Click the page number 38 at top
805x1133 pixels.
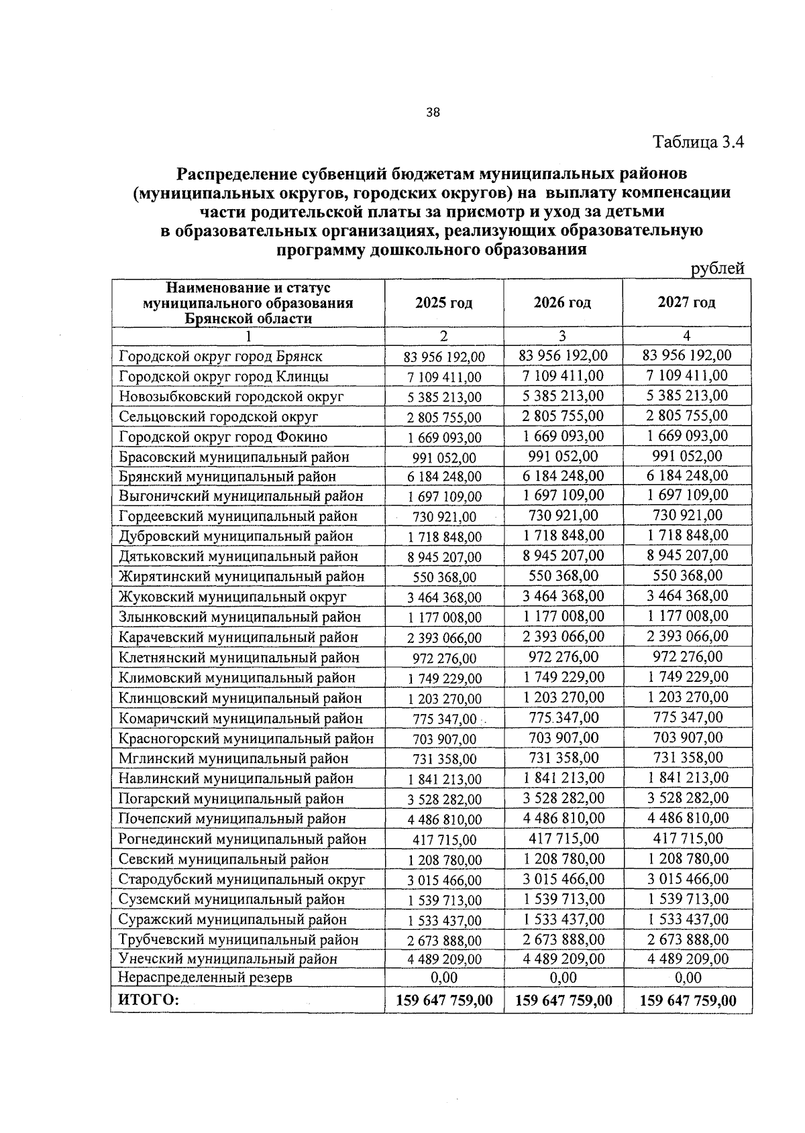[x=433, y=113]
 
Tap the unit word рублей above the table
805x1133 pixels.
[x=718, y=269]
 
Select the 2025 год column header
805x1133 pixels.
[x=443, y=303]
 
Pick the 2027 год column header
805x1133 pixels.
[x=686, y=302]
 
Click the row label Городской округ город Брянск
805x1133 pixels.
[x=221, y=357]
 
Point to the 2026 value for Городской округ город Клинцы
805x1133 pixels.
[x=562, y=375]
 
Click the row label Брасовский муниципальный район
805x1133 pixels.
[x=234, y=457]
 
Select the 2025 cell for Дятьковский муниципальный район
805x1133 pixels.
[x=444, y=557]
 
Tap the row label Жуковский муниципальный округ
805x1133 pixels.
[x=233, y=597]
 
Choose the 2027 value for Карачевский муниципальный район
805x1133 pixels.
[x=688, y=636]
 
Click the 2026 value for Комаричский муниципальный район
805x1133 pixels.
[x=563, y=717]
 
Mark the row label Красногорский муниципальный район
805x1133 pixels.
[x=246, y=739]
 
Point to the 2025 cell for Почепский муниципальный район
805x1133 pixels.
[x=444, y=819]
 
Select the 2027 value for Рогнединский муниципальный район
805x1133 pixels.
[x=688, y=838]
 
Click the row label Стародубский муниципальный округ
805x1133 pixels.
[x=241, y=880]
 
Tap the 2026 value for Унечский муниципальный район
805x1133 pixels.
[x=563, y=959]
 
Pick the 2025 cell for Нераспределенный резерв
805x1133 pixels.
[x=444, y=978]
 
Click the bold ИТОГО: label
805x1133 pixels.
[x=148, y=1000]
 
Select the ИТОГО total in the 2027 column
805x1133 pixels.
[x=688, y=1001]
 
